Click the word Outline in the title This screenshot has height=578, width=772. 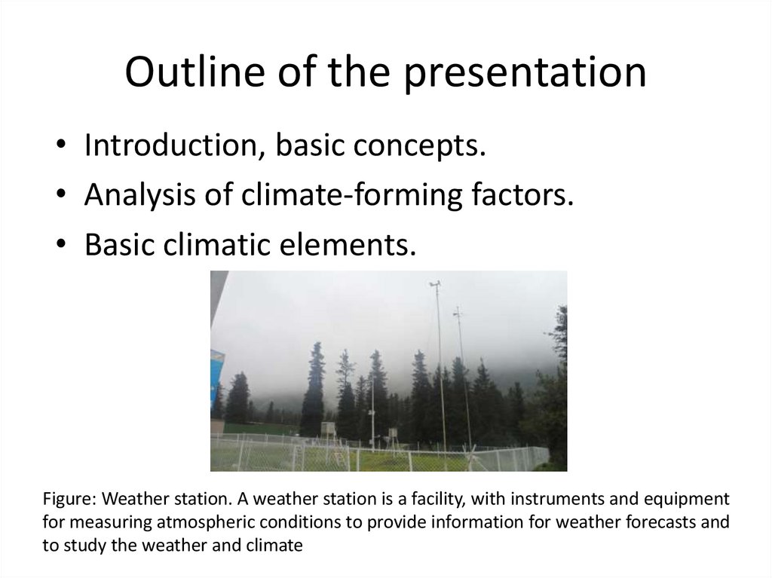pos(195,72)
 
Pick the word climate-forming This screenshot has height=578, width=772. pos(351,195)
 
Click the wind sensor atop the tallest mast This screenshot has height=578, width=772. pos(435,284)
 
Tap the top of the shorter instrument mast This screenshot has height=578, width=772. pos(458,311)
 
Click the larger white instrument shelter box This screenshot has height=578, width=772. pos(329,429)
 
